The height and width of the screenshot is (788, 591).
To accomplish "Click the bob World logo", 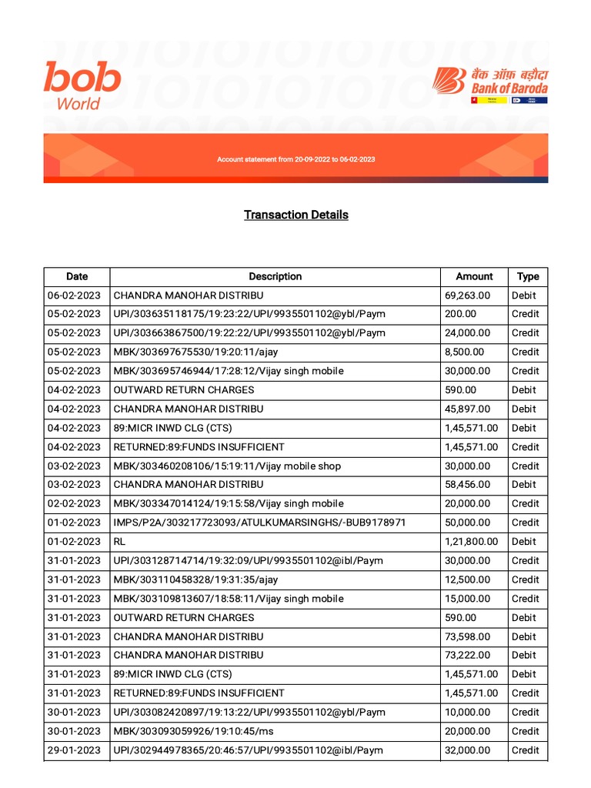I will [82, 85].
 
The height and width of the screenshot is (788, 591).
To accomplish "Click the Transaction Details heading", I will [296, 215].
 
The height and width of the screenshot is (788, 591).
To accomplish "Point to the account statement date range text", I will [296, 159].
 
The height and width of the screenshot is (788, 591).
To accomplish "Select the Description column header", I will [275, 276].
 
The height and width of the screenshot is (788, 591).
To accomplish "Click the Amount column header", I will [474, 276].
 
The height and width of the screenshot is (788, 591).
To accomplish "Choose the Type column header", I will [528, 276].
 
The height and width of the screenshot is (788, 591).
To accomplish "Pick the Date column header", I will [77, 276].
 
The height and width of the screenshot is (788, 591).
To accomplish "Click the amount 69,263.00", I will [468, 295].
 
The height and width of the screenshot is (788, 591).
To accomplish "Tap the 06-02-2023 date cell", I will [74, 295].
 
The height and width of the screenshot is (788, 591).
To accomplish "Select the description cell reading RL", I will [120, 542].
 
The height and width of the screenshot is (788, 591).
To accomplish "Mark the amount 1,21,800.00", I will [472, 542].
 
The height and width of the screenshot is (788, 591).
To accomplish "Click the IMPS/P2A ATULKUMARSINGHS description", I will [259, 523].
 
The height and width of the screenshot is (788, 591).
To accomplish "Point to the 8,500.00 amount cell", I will [465, 352].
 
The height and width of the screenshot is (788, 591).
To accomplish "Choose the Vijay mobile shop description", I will [227, 466].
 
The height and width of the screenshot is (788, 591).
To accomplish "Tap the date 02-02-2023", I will [74, 504].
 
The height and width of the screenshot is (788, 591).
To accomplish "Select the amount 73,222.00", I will [468, 656].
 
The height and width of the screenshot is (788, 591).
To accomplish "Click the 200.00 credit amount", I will [461, 314].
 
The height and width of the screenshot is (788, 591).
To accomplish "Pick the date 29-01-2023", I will [74, 750].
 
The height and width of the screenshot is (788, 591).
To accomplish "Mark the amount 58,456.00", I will [468, 485].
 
